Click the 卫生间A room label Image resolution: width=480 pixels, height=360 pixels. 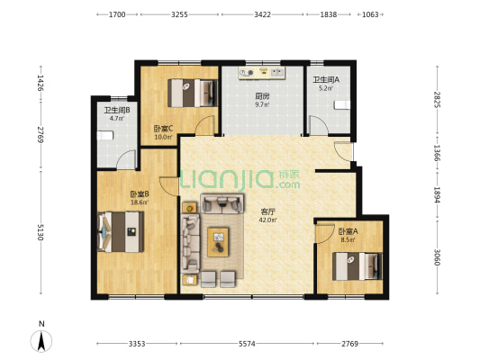click(326, 80)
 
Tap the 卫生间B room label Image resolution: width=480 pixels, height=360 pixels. click(117, 110)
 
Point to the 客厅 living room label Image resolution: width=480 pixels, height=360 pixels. click(267, 211)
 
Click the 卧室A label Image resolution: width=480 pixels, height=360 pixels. click(348, 231)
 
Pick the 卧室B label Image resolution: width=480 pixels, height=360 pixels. click(140, 194)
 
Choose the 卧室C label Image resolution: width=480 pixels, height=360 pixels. click(164, 129)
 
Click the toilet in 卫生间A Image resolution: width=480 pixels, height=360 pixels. click(342, 105)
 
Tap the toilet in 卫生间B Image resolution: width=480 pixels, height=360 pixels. click(105, 136)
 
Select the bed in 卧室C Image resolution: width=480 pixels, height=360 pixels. click(193, 93)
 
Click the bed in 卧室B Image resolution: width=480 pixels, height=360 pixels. click(121, 232)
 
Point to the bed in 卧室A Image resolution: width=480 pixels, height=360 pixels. click(358, 266)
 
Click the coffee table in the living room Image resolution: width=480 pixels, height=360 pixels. click(218, 242)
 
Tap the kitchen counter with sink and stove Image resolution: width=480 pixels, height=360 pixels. click(262, 73)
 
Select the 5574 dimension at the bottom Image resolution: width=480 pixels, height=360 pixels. click(247, 344)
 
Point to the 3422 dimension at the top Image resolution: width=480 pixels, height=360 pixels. click(262, 14)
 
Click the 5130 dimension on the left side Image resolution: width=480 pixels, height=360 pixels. click(41, 232)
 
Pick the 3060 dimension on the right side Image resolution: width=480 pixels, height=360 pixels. click(437, 257)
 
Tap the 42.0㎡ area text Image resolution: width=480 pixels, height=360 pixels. click(267, 220)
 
